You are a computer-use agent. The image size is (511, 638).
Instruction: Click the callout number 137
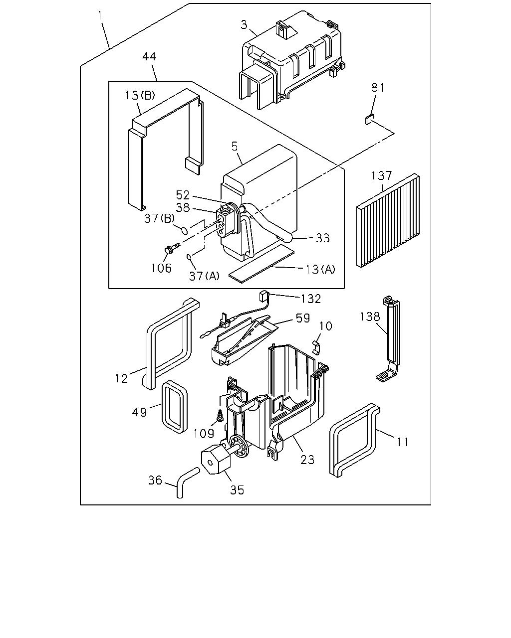coord(381,175)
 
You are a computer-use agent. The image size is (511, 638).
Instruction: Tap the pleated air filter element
coord(388,221)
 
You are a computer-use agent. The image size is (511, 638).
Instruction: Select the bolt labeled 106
coord(172,248)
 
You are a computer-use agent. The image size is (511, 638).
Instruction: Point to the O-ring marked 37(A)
coord(189,256)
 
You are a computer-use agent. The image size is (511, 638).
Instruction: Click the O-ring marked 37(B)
coord(184,230)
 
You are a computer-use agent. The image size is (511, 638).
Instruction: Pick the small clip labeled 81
coord(369,120)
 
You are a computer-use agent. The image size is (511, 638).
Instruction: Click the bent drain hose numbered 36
coord(187,482)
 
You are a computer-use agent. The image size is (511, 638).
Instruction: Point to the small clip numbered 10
coord(316,347)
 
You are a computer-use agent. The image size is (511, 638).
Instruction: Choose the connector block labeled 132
coord(263,296)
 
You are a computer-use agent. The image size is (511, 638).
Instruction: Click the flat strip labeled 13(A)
coord(261,264)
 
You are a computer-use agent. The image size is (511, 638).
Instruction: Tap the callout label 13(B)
coord(140,95)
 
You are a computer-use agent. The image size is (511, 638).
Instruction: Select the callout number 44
coord(149,56)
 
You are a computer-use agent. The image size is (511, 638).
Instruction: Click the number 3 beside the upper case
coord(244,25)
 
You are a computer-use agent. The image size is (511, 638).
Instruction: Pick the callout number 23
coord(307,460)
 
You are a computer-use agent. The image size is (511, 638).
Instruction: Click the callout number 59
coord(303,318)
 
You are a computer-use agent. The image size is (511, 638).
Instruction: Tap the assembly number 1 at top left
coord(100,16)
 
